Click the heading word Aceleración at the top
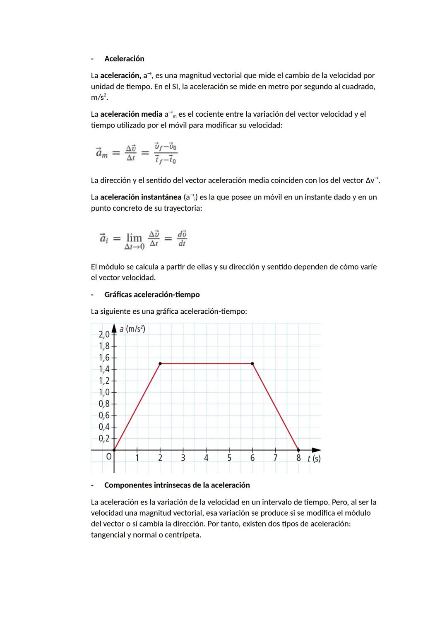[x=124, y=59]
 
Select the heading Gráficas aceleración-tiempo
[x=152, y=295]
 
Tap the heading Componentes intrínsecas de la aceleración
[x=177, y=485]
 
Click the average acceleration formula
[x=137, y=153]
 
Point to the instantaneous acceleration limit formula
[x=143, y=239]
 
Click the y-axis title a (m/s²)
[x=132, y=329]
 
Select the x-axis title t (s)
[x=314, y=458]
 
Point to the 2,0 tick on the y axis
[x=104, y=334]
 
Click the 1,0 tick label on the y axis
[x=104, y=392]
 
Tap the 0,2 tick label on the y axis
[x=104, y=438]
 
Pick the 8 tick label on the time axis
[x=298, y=458]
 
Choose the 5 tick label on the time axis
[x=229, y=458]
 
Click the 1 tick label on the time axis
[x=137, y=458]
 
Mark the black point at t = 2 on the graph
[x=160, y=363]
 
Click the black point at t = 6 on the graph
[x=252, y=363]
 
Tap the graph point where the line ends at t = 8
[x=298, y=450]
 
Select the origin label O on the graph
[x=109, y=457]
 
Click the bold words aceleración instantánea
[x=141, y=197]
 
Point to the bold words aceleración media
[x=131, y=114]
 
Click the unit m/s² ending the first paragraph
[x=99, y=98]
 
